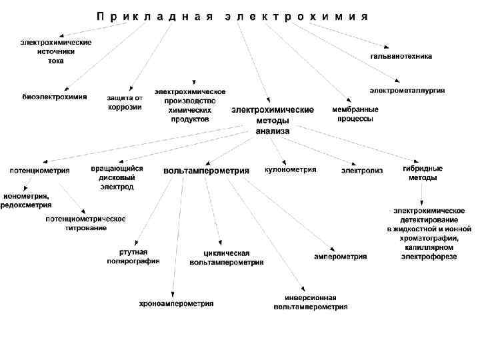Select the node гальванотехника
pyautogui.click(x=401, y=57)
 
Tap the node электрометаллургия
pyautogui.click(x=407, y=90)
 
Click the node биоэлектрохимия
pyautogui.click(x=55, y=97)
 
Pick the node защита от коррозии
pyautogui.click(x=125, y=102)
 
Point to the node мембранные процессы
pyautogui.click(x=355, y=113)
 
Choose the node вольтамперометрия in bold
pyautogui.click(x=206, y=171)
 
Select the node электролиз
pyautogui.click(x=362, y=171)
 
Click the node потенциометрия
pyautogui.click(x=39, y=170)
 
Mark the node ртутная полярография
pyautogui.click(x=133, y=256)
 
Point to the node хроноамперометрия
pyautogui.click(x=177, y=303)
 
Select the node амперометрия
pyautogui.click(x=341, y=256)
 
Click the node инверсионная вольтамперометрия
pyautogui.click(x=310, y=303)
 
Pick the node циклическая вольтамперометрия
pyautogui.click(x=227, y=258)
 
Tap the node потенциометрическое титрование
pyautogui.click(x=85, y=223)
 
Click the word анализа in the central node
pyautogui.click(x=273, y=131)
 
